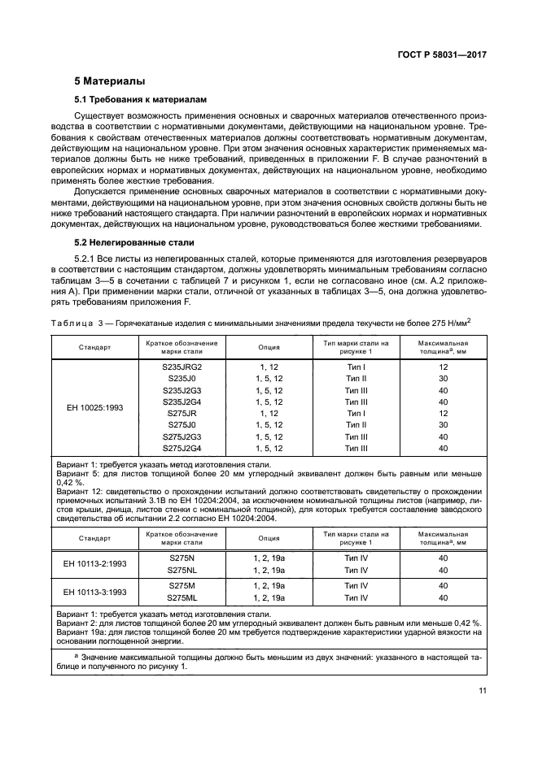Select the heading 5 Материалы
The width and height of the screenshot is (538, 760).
tap(110, 81)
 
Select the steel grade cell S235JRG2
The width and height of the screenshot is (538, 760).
tap(182, 367)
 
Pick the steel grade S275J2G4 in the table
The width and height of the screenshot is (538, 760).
tap(182, 448)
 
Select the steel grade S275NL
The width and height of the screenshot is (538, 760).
tap(182, 570)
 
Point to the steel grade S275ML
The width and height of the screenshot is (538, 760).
tap(182, 597)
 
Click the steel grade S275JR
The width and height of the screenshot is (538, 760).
tap(182, 413)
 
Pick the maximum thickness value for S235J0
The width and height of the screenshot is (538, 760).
tap(444, 379)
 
